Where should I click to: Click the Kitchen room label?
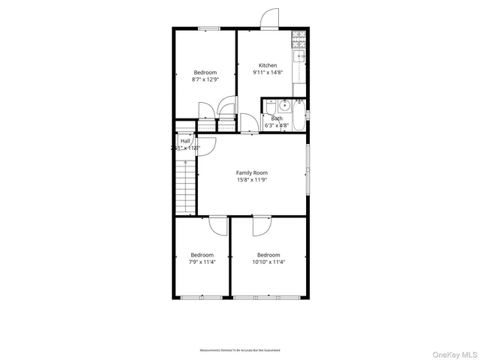pos(268,65)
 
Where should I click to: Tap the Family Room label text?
pos(251,173)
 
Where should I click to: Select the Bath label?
pos(277,118)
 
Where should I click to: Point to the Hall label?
pos(184,141)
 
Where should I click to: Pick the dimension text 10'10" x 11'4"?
pos(268,262)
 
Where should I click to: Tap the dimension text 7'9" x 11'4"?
pos(202,262)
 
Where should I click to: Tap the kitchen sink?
pos(299,55)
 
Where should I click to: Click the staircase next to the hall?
pos(185,187)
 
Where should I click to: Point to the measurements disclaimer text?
pos(240,350)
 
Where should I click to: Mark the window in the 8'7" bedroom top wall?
pos(209,29)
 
